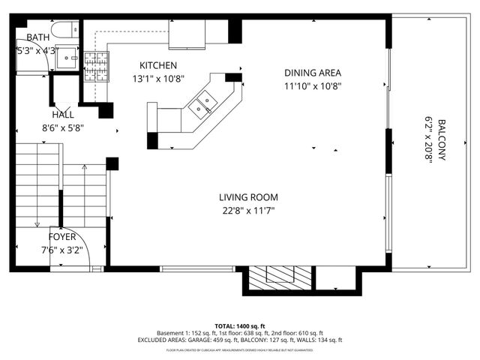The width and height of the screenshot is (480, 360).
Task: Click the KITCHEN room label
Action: [157, 66]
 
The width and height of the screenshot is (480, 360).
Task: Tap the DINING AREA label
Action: [313, 73]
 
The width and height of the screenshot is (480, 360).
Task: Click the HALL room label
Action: [63, 115]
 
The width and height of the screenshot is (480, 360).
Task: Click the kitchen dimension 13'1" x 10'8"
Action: [157, 79]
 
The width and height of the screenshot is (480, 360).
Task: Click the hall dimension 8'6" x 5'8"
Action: [63, 127]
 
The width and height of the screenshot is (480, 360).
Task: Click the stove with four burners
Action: [96, 66]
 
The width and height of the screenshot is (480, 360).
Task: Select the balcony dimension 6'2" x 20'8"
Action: [430, 142]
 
